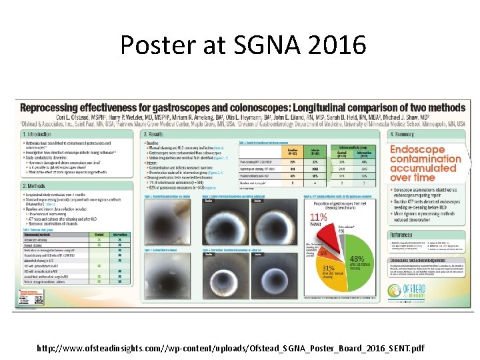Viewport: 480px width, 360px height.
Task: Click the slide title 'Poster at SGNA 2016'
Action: click(243, 46)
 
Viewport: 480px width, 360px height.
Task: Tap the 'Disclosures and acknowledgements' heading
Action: click(427, 262)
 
